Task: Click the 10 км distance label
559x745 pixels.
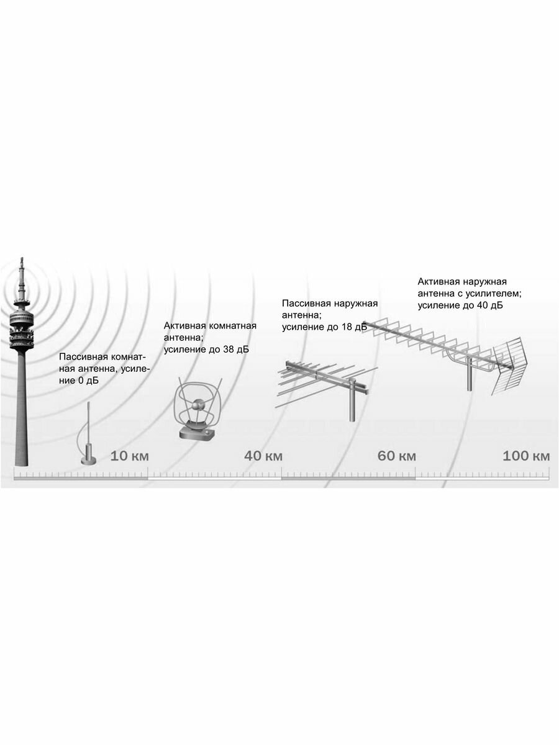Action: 130,456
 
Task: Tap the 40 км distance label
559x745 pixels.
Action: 263,456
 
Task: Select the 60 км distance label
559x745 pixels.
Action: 397,456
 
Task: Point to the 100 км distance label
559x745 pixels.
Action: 526,456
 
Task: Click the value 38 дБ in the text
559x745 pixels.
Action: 234,350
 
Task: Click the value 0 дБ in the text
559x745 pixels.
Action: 88,381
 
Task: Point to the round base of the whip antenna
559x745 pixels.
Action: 87,460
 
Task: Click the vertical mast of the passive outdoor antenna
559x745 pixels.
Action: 352,404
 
